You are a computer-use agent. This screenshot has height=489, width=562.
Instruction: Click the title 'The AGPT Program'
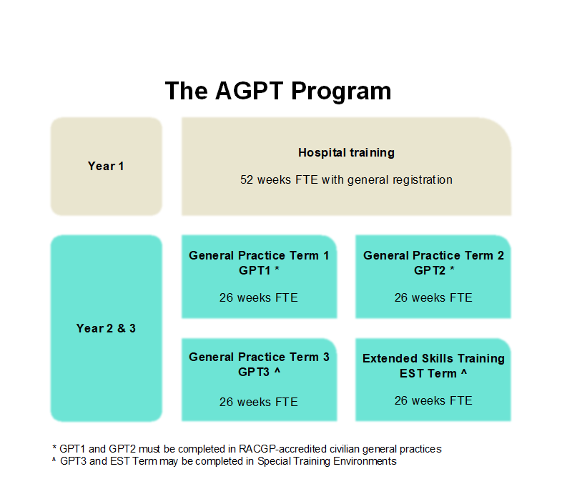coord(278,91)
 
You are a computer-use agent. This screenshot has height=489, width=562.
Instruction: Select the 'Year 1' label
coord(106,167)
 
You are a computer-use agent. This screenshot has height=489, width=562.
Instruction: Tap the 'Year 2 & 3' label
coord(106,328)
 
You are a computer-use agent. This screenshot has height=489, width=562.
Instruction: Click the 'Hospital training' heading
coord(346,152)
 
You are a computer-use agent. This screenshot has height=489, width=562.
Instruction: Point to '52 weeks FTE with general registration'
coord(346,179)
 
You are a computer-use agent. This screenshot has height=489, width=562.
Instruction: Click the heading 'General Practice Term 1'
coord(259,255)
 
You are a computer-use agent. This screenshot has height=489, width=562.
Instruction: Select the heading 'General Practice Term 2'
coord(433,255)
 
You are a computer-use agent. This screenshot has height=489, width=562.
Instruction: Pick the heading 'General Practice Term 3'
coord(259,357)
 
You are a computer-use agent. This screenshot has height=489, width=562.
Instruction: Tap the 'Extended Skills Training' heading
coord(433,358)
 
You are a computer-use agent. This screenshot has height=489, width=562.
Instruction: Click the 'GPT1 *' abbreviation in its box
coord(259,270)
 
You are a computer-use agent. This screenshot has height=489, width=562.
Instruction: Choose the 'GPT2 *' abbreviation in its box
coord(434,270)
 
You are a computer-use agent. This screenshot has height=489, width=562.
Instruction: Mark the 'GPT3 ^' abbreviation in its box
coord(259,372)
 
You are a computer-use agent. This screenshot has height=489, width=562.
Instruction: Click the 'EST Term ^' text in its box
coord(433,373)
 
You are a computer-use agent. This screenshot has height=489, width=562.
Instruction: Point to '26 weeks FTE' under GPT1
coord(258,297)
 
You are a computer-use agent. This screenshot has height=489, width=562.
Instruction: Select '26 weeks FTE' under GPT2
coord(433,297)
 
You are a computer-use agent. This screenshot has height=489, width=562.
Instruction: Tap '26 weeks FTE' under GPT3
coord(258,402)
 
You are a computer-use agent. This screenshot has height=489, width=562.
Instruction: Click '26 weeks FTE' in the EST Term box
coord(433,400)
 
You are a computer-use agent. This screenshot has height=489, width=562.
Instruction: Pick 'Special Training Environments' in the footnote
coord(327,461)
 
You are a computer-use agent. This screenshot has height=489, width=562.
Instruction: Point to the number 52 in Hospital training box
coord(247,179)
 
